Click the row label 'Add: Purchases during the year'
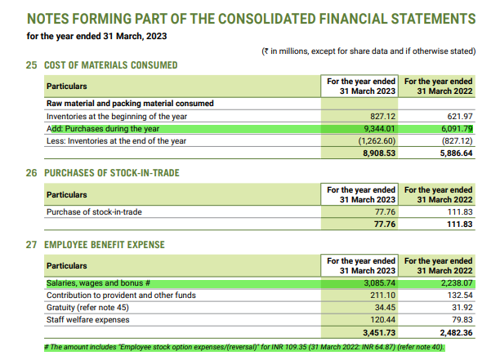point(103,128)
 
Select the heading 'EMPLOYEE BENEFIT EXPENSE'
point(107,245)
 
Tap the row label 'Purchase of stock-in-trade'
point(94,212)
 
